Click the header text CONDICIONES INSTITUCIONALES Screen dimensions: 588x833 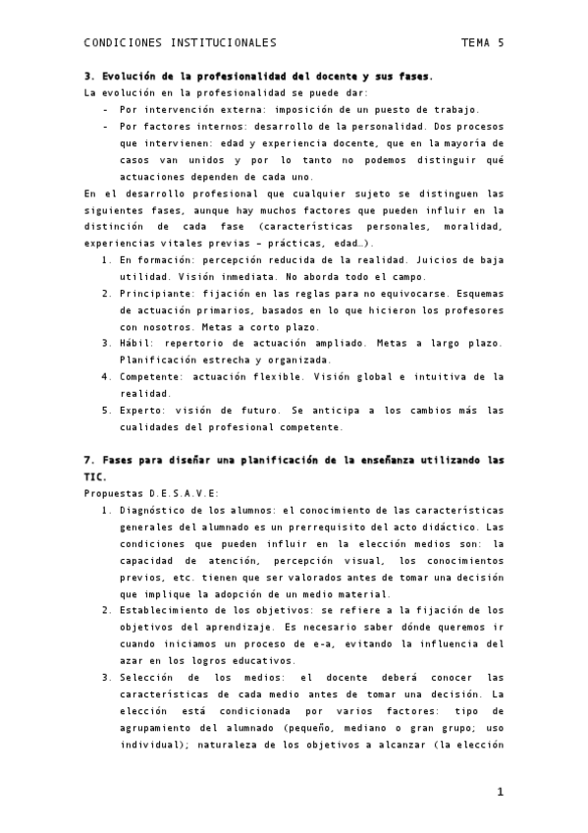point(180,43)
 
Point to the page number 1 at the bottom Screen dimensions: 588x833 point(500,792)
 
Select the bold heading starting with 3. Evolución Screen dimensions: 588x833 point(259,77)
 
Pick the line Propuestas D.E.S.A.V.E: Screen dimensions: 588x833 point(152,493)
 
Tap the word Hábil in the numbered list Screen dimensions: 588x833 point(136,343)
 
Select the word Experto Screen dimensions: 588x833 point(141,410)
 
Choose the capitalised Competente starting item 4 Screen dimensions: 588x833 point(152,376)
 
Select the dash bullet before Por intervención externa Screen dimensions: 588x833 point(106,110)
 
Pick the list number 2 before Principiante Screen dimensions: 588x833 point(106,293)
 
